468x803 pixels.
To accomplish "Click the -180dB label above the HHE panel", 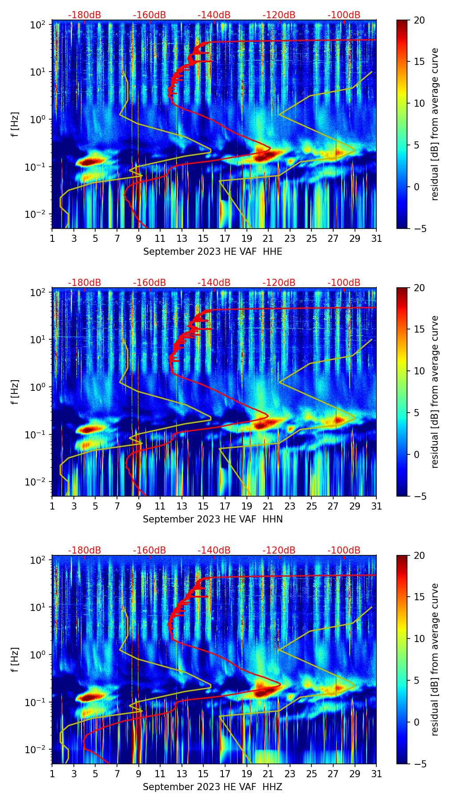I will click(85, 15).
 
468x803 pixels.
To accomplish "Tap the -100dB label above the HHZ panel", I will click(344, 550).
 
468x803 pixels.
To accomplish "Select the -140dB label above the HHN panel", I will click(214, 283).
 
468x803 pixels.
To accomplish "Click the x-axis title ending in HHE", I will click(213, 252).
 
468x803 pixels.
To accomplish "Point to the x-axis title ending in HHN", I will click(213, 519).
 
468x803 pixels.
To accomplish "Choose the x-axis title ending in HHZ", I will click(213, 787).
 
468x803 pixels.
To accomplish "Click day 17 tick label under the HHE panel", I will click(225, 239).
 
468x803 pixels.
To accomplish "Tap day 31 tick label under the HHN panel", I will click(376, 506).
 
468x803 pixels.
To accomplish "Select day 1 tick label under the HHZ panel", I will click(52, 774).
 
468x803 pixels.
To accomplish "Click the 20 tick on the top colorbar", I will click(419, 20).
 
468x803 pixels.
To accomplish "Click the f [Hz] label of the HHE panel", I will click(15, 124).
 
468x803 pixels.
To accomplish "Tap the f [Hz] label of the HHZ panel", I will click(15, 660).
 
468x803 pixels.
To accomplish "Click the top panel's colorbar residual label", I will click(435, 124).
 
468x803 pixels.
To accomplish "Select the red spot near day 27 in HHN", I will click(339, 420).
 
